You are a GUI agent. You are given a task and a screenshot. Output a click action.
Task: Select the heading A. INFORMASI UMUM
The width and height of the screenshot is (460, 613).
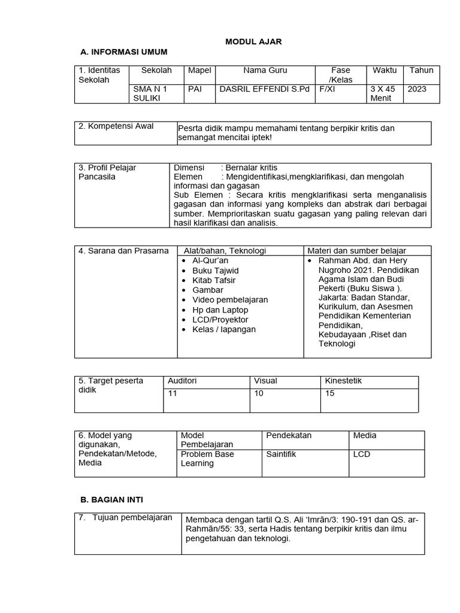click(x=123, y=52)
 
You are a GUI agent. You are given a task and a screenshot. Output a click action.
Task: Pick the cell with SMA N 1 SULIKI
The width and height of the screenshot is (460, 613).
click(x=150, y=93)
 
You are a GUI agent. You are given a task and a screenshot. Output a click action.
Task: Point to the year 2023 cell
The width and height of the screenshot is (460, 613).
click(x=417, y=89)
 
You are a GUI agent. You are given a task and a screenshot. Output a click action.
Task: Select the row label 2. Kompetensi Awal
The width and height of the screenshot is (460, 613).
click(x=116, y=126)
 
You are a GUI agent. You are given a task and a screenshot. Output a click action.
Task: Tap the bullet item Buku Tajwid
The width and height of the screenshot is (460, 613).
click(x=215, y=271)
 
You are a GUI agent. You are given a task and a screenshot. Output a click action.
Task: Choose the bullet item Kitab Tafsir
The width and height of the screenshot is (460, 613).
click(x=214, y=280)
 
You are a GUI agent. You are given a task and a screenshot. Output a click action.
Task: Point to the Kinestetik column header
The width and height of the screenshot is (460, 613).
click(x=343, y=381)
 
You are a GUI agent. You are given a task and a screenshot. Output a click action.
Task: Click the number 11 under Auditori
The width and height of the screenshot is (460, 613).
click(x=172, y=393)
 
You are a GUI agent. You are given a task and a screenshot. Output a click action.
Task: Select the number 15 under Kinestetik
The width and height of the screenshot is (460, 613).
click(x=329, y=393)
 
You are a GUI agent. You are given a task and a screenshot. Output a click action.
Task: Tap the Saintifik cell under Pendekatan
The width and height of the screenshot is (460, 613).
click(x=281, y=454)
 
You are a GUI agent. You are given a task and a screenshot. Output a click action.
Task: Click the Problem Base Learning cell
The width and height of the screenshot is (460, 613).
click(x=207, y=459)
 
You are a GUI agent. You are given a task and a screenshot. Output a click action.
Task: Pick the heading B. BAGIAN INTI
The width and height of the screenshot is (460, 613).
click(x=111, y=499)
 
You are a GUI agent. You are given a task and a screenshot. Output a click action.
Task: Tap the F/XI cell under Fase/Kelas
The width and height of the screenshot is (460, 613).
click(x=327, y=89)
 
